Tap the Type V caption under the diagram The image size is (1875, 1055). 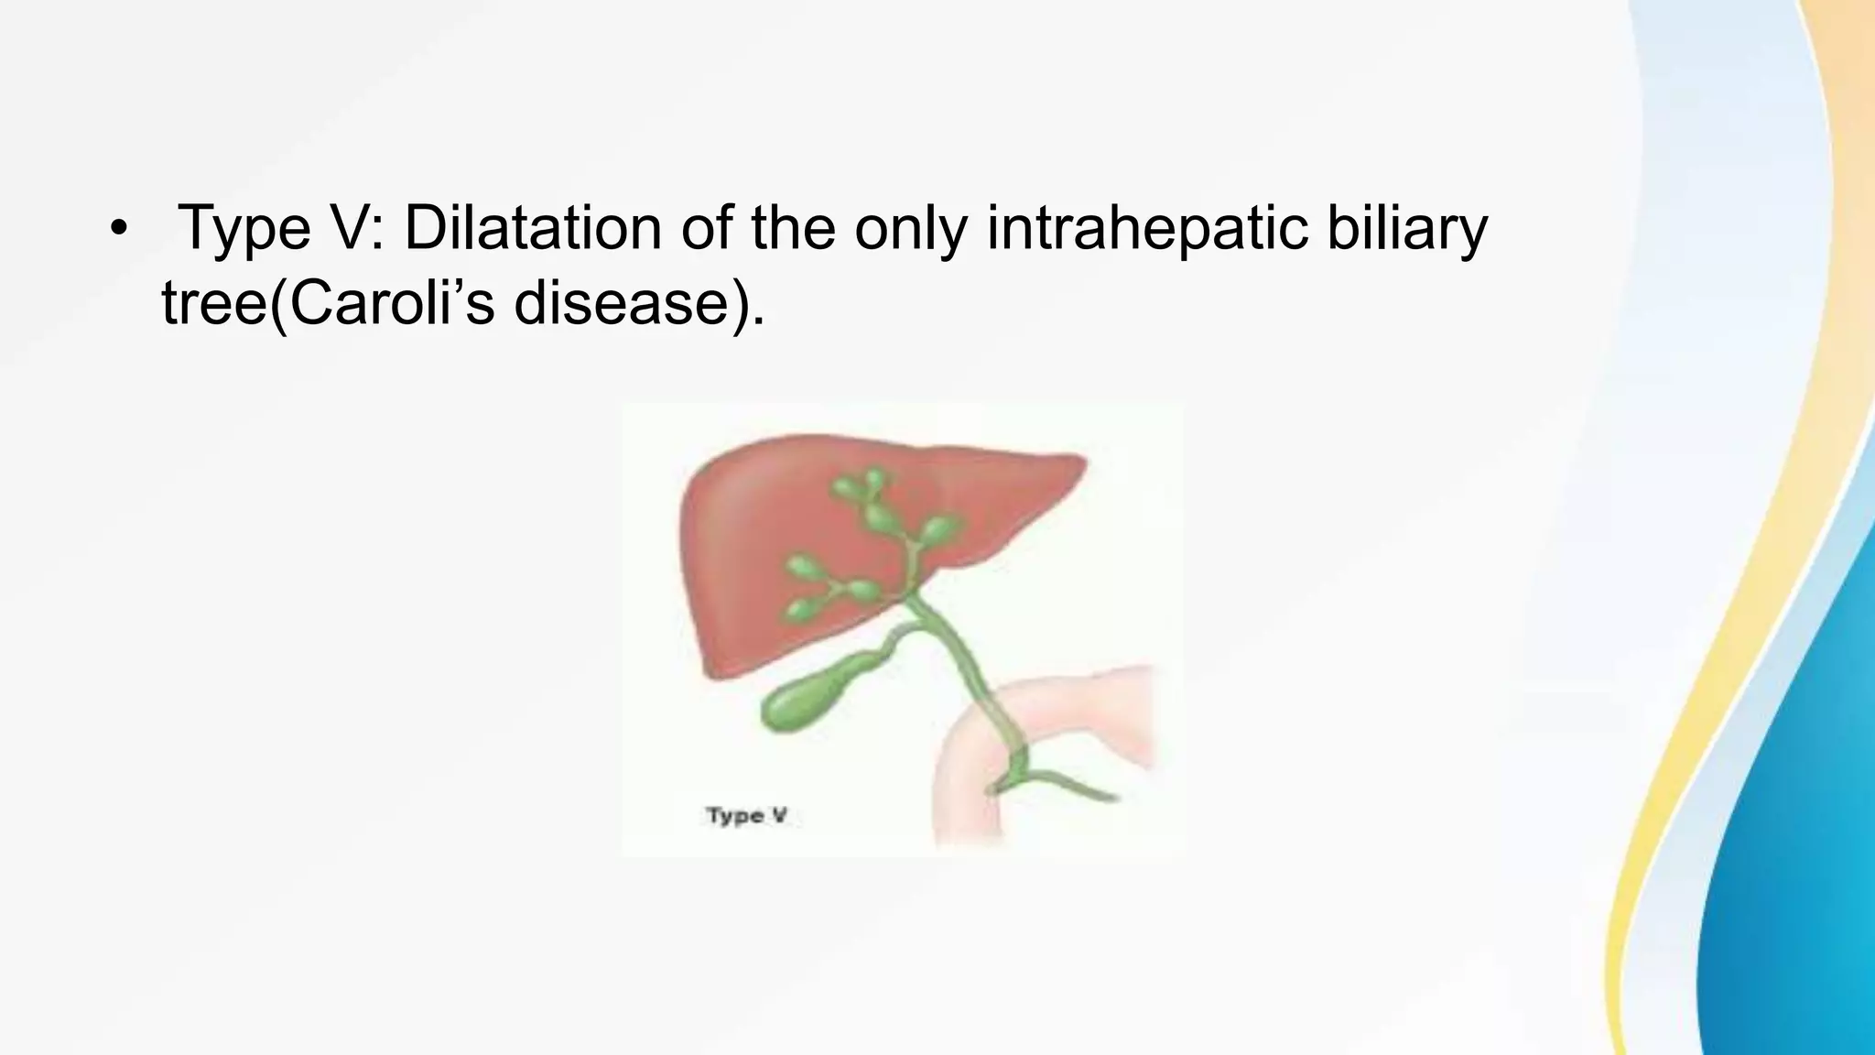746,815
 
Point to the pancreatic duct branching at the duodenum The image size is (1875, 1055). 1071,788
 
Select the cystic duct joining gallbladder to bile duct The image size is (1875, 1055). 893,641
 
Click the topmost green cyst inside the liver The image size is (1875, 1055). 874,478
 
